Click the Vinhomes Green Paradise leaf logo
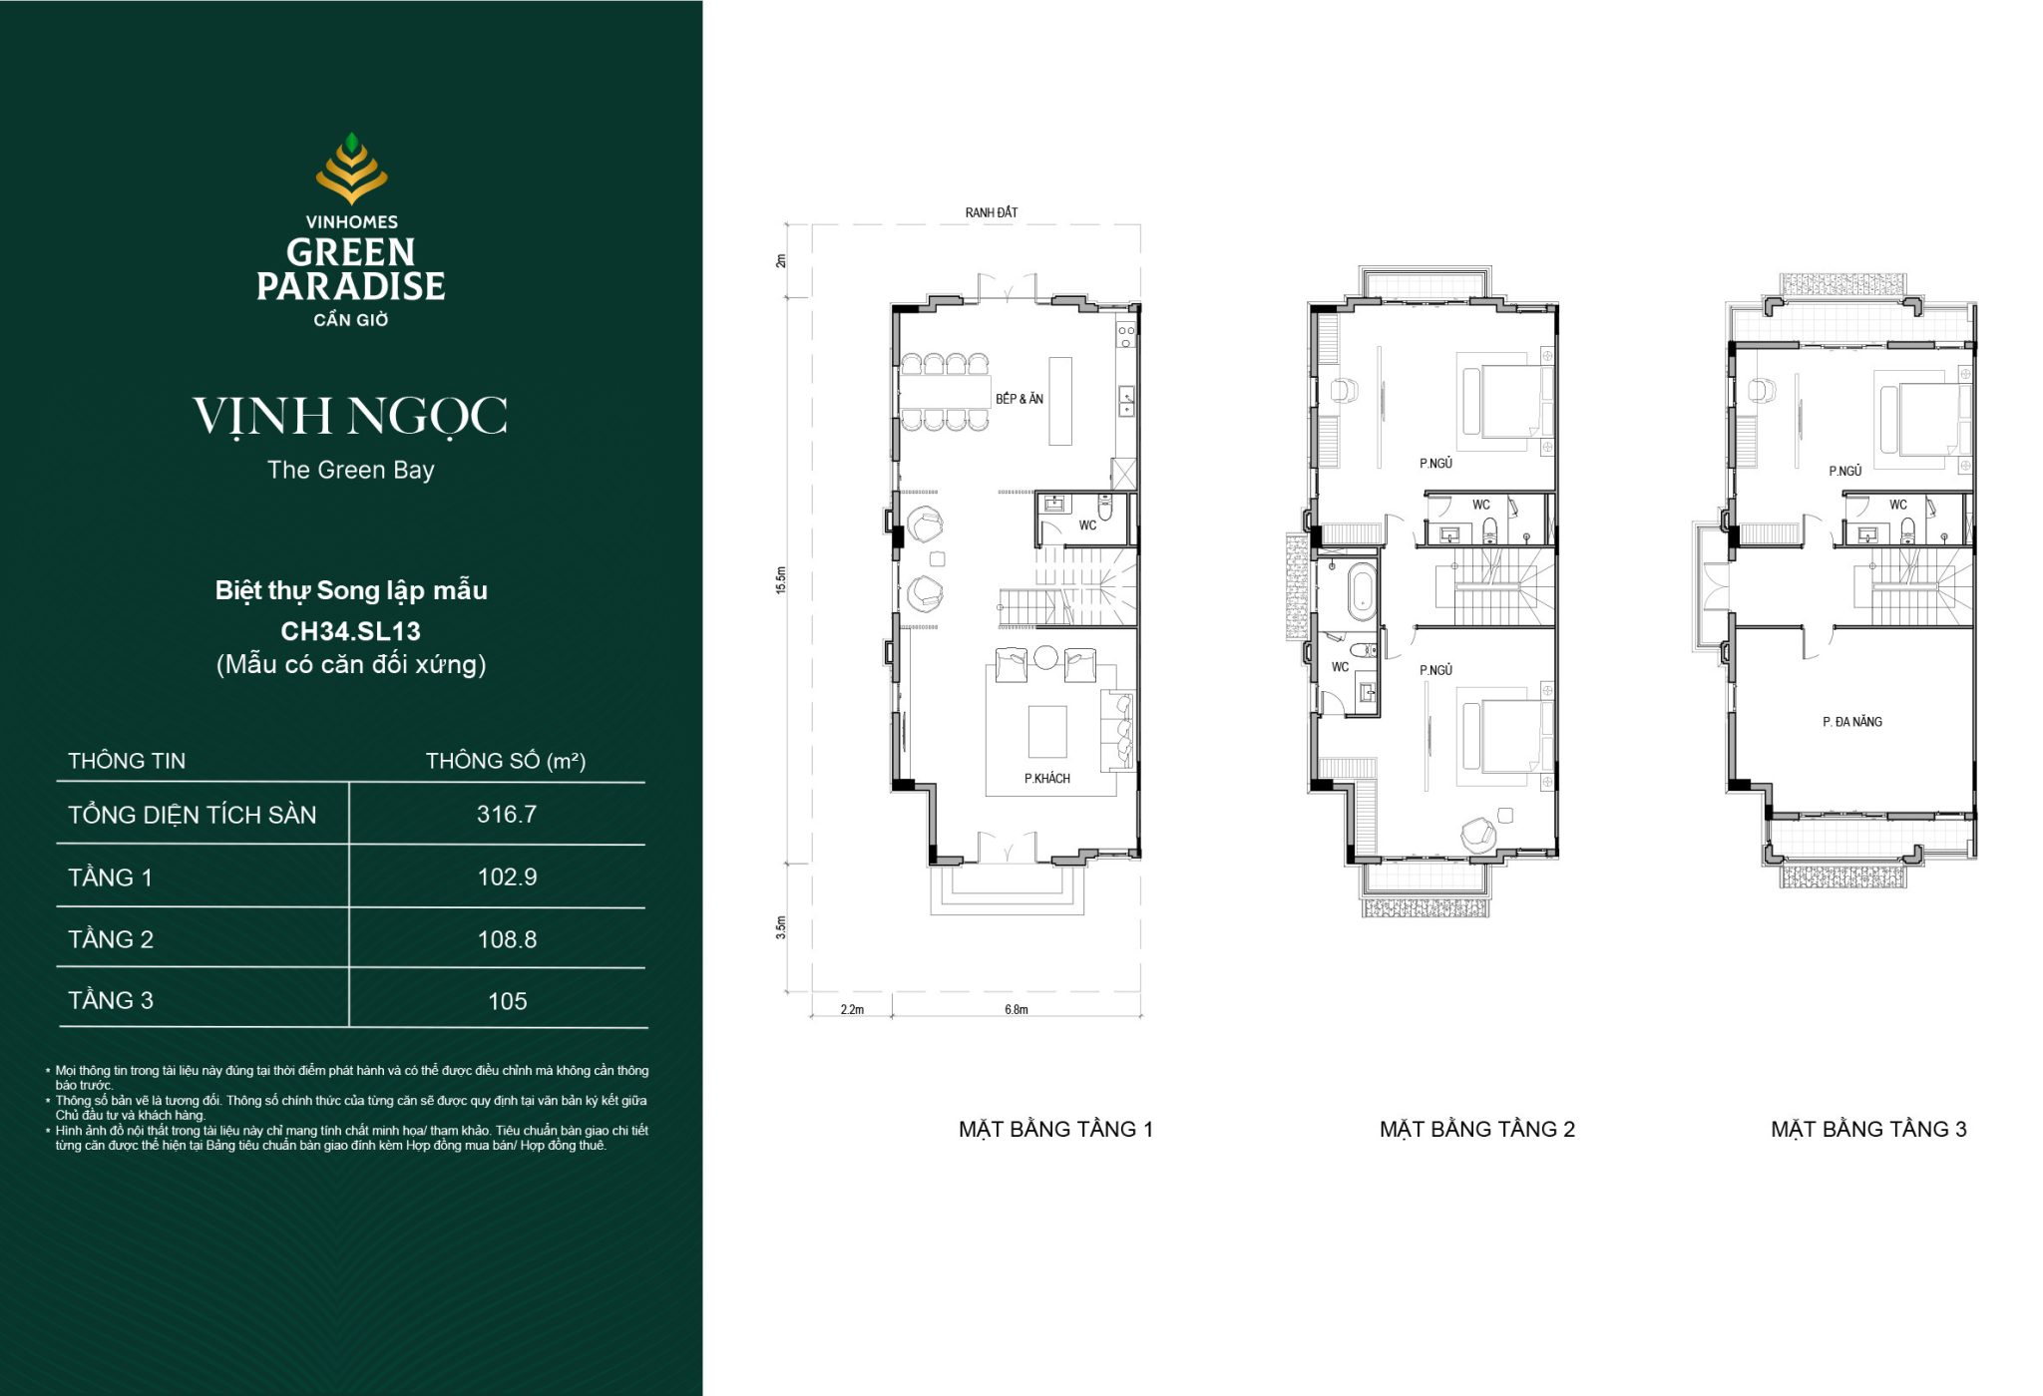click(x=351, y=169)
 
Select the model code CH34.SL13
click(x=351, y=631)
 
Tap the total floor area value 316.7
click(x=507, y=815)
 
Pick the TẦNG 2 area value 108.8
click(x=507, y=939)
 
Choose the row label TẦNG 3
click(x=111, y=1000)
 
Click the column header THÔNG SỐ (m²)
click(x=506, y=761)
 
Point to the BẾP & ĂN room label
click(x=1020, y=399)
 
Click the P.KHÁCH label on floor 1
click(x=1047, y=779)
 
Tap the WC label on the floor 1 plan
click(x=1087, y=525)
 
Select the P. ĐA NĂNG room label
click(x=1852, y=722)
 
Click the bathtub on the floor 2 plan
click(x=1361, y=591)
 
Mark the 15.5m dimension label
click(x=781, y=580)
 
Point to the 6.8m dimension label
click(x=1017, y=1010)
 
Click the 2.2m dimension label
click(x=852, y=1010)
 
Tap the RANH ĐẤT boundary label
click(x=992, y=212)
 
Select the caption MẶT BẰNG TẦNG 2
click(x=1477, y=1129)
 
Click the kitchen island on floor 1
click(x=1060, y=401)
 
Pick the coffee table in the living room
click(x=1047, y=731)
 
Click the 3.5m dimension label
click(x=781, y=927)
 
